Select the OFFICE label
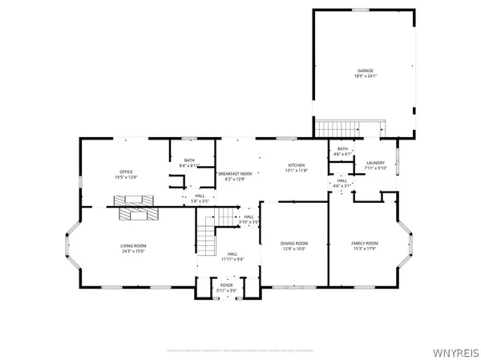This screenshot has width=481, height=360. pos(126,172)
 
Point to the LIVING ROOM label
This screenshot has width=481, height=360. pos(133,246)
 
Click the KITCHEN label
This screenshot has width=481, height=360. pos(297,165)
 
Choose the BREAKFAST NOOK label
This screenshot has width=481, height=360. pos(235,173)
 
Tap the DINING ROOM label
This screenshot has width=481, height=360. pos(294,243)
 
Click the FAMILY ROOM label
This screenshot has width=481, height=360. pos(365,243)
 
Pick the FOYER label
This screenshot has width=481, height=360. pos(227,285)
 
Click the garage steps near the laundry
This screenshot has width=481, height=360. pos(336,128)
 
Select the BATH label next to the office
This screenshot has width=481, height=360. pos(189,160)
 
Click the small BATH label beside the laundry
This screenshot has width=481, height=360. pos(342,148)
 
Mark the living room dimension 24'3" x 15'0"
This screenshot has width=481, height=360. pos(133,251)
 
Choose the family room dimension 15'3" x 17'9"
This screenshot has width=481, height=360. pos(365,248)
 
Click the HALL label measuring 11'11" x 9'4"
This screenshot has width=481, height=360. pos(232,254)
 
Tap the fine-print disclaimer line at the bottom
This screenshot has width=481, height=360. pos(240,350)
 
